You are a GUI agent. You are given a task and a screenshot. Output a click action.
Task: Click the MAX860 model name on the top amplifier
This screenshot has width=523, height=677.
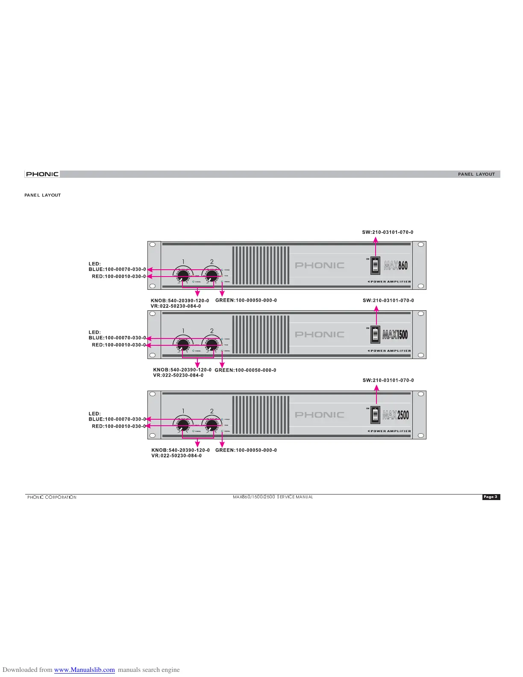[x=396, y=265]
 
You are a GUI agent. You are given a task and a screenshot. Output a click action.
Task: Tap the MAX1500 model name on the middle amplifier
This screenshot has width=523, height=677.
[x=395, y=335]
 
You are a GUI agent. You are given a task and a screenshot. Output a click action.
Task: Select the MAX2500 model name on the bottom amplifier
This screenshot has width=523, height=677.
[x=396, y=415]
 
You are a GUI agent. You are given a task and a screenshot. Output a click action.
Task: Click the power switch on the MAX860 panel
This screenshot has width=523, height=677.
[x=375, y=265]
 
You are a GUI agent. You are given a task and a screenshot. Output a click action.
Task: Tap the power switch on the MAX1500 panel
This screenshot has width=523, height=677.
[x=375, y=335]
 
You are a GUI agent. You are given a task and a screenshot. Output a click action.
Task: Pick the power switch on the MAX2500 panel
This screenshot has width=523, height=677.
[x=375, y=415]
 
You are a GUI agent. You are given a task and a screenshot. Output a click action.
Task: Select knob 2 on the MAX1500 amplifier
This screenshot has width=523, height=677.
[x=212, y=344]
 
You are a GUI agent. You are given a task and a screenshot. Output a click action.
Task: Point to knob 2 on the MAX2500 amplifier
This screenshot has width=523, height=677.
[x=212, y=425]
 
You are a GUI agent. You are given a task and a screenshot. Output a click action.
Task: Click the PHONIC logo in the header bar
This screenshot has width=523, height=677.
[x=42, y=174]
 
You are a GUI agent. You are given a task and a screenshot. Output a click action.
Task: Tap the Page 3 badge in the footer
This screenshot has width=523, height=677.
[x=491, y=497]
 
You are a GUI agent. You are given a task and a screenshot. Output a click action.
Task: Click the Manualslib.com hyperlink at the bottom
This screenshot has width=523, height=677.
[x=84, y=670]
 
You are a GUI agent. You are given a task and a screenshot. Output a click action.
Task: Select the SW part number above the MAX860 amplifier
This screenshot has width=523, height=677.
[x=388, y=233]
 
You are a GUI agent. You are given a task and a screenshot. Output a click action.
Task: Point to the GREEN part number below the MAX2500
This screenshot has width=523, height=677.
[x=246, y=450]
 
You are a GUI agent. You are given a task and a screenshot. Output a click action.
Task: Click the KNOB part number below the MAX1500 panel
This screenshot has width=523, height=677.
[x=182, y=370]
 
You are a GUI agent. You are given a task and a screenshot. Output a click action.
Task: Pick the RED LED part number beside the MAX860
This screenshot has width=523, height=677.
[x=119, y=277]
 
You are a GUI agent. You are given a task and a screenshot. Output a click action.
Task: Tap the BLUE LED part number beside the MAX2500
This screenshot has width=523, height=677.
[x=117, y=419]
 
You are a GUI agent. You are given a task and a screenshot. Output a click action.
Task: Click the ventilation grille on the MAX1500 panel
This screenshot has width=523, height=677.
[x=261, y=335]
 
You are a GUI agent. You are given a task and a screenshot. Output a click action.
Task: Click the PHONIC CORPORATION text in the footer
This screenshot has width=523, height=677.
[x=52, y=497]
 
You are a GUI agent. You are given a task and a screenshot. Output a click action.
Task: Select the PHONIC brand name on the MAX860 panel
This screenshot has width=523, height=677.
[x=320, y=265]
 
